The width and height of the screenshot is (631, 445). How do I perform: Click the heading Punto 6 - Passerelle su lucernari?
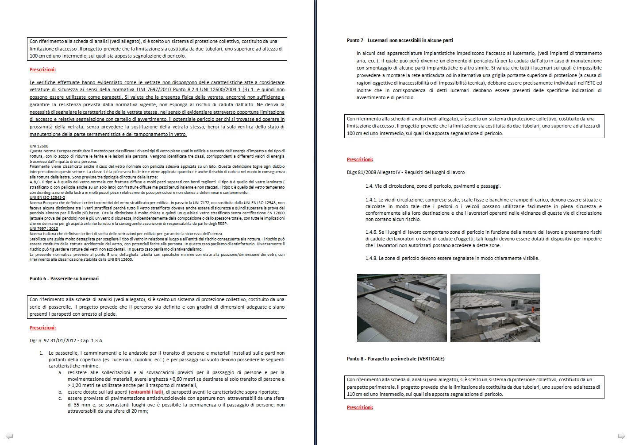pyautogui.click(x=64, y=279)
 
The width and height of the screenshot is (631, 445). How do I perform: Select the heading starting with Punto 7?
pyautogui.click(x=400, y=40)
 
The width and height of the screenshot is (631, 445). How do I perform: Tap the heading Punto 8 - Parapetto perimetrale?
pyautogui.click(x=396, y=359)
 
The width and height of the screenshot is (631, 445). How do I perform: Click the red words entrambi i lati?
pyautogui.click(x=146, y=392)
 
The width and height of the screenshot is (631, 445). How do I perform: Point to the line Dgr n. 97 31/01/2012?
pyautogui.click(x=66, y=341)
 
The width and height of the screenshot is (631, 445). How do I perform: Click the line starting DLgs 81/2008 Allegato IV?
pyautogui.click(x=405, y=172)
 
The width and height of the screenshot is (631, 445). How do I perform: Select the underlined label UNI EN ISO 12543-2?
pyautogui.click(x=47, y=197)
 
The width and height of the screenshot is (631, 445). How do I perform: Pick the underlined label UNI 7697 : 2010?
pyautogui.click(x=44, y=228)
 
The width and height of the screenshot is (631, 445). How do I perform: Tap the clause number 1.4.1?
pyautogui.click(x=371, y=200)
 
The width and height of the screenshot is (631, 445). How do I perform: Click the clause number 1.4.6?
pyautogui.click(x=371, y=232)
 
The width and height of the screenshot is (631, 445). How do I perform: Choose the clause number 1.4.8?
pyautogui.click(x=371, y=258)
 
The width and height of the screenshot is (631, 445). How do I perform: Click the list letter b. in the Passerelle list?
pyautogui.click(x=61, y=392)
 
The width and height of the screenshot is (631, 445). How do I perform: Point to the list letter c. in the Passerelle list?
pyautogui.click(x=61, y=398)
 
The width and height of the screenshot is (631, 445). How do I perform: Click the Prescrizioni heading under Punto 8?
pyautogui.click(x=360, y=407)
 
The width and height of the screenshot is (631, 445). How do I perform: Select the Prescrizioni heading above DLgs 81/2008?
pyautogui.click(x=360, y=159)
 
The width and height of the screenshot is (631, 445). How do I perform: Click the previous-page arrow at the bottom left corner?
pyautogui.click(x=9, y=436)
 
